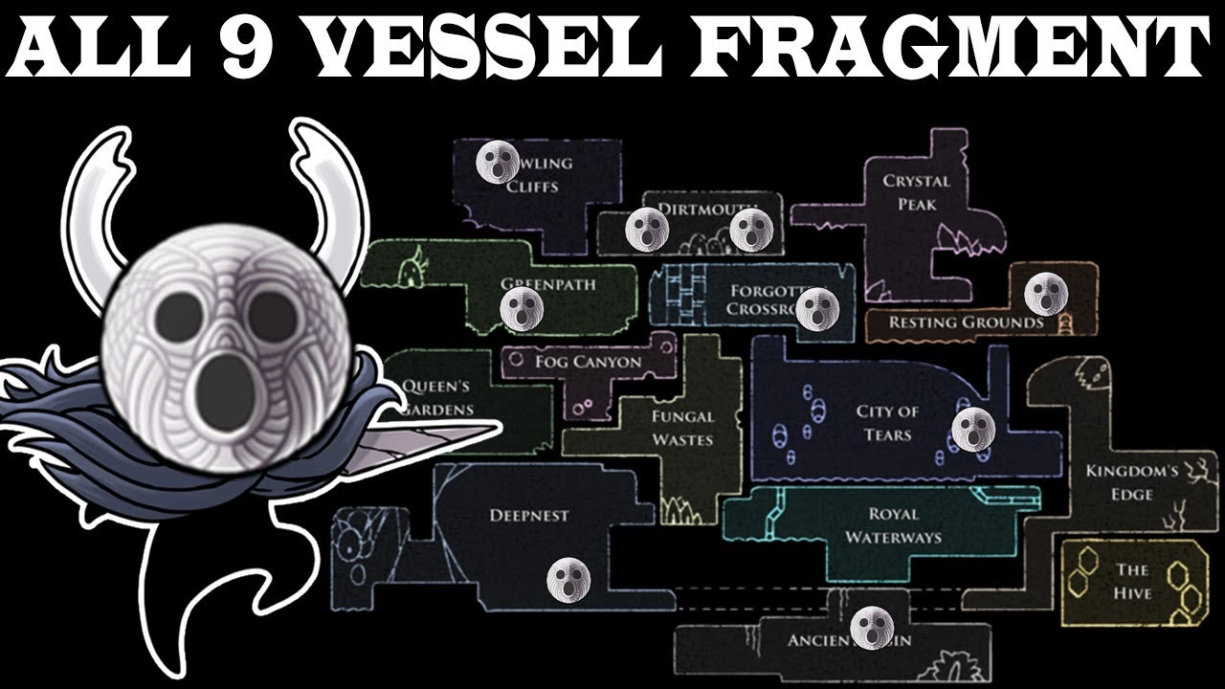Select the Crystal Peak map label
click(x=916, y=192)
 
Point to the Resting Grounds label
click(x=966, y=322)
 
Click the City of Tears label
click(x=887, y=423)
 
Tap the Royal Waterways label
click(x=893, y=525)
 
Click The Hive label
click(x=1132, y=581)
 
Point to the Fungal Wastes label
click(x=682, y=428)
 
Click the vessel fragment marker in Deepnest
click(x=568, y=577)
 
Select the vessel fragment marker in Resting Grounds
click(x=1044, y=292)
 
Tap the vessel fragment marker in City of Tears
click(x=973, y=429)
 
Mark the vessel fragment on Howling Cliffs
click(x=498, y=161)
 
